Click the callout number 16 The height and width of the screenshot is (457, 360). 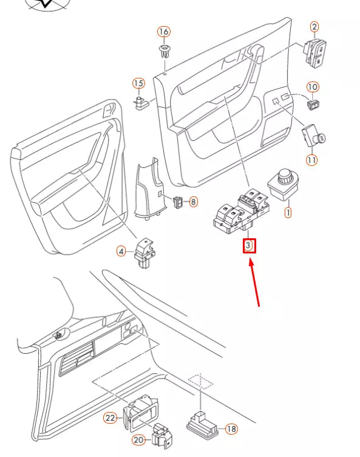pyautogui.click(x=164, y=32)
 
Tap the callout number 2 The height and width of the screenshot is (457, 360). pyautogui.click(x=314, y=26)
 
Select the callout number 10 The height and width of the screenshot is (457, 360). pyautogui.click(x=313, y=88)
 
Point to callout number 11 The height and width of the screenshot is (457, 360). pyautogui.click(x=311, y=160)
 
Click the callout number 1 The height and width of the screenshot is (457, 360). pyautogui.click(x=288, y=213)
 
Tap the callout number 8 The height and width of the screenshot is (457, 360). pyautogui.click(x=193, y=201)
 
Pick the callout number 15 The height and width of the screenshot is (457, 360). pyautogui.click(x=138, y=83)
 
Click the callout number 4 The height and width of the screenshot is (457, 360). pyautogui.click(x=121, y=250)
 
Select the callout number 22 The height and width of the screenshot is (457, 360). pyautogui.click(x=110, y=418)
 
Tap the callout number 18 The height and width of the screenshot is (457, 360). pyautogui.click(x=231, y=428)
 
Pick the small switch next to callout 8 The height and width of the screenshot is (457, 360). pyautogui.click(x=178, y=201)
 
